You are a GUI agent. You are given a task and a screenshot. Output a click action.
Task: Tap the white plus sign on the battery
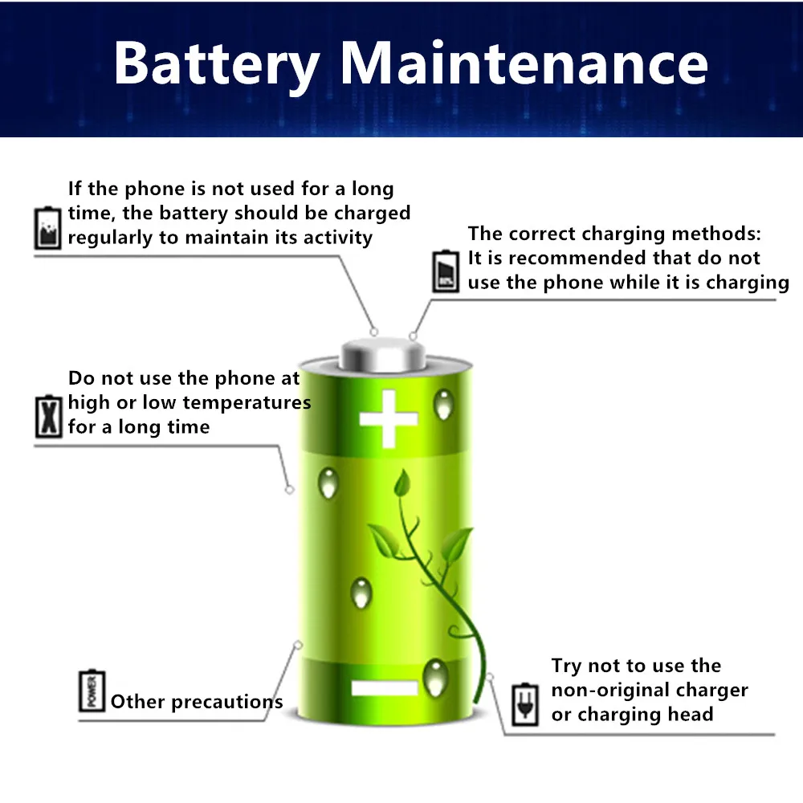(x=389, y=418)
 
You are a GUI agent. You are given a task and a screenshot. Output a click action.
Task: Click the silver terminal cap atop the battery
(x=381, y=353)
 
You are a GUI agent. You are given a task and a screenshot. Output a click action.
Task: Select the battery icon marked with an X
(x=49, y=416)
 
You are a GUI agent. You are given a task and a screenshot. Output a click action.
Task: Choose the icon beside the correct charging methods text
(x=445, y=270)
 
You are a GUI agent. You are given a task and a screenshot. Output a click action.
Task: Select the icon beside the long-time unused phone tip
(x=47, y=227)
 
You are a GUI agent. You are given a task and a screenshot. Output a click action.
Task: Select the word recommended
(x=592, y=259)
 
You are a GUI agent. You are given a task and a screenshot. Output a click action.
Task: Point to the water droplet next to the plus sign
(x=443, y=404)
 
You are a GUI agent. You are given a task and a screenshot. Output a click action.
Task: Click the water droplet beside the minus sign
(x=435, y=676)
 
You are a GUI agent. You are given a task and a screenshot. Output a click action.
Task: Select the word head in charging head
(x=692, y=715)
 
